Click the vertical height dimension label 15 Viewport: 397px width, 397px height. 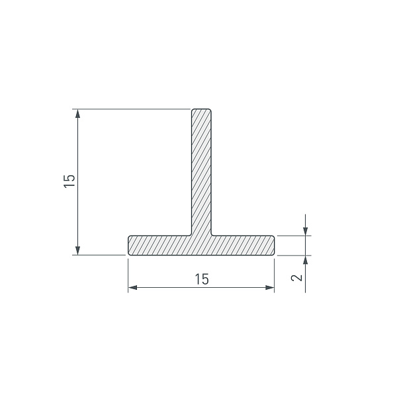click(x=69, y=181)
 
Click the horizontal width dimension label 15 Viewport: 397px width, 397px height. click(x=202, y=279)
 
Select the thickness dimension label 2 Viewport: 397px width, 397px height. click(x=297, y=278)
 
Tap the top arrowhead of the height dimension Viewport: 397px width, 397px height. click(x=77, y=113)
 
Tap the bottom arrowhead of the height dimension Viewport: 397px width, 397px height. click(x=77, y=250)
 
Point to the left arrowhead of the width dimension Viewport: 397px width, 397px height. click(x=132, y=287)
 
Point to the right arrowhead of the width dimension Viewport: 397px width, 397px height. click(x=270, y=287)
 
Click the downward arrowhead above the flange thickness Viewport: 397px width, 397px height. click(x=306, y=232)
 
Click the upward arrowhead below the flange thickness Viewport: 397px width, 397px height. click(x=306, y=260)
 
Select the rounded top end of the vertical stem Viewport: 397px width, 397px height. click(x=201, y=110)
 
